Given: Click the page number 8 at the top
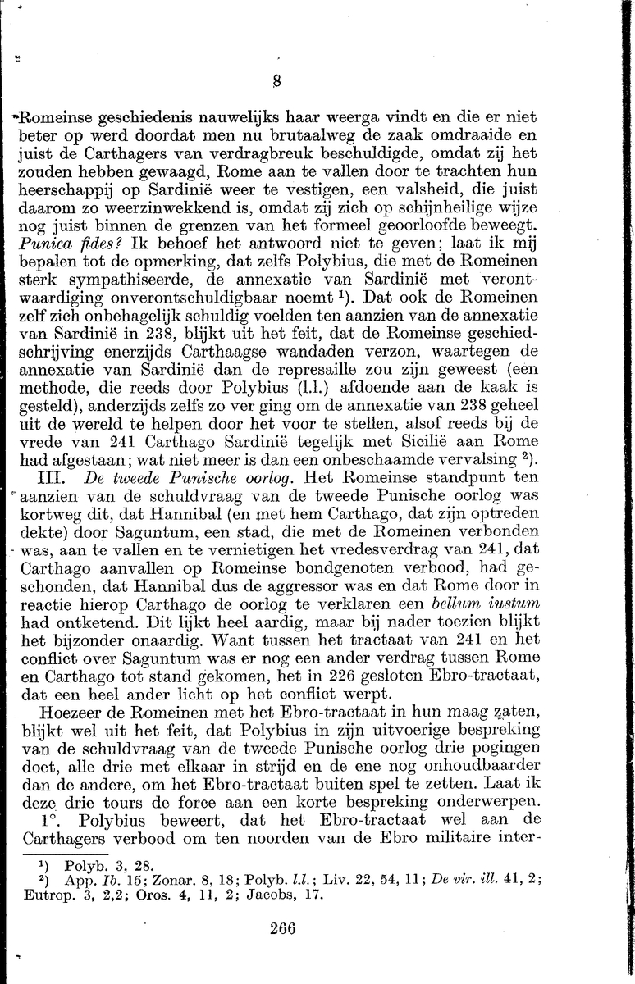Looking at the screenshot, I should [x=277, y=81].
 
